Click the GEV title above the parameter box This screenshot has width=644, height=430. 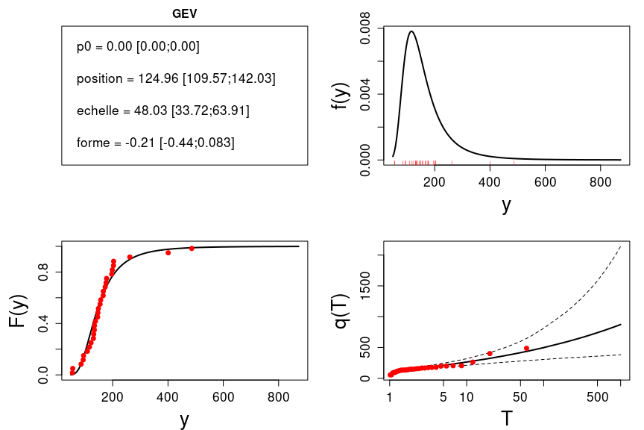pos(184,13)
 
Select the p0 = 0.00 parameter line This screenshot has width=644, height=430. pos(138,46)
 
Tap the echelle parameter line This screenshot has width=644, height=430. pos(162,110)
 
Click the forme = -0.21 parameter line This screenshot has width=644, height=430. pos(155,143)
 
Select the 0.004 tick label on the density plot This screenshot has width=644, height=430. pos(365,94)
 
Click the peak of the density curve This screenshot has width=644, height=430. pos(411,31)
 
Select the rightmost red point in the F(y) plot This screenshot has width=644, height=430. pos(192,248)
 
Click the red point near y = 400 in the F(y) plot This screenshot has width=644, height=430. pos(168,252)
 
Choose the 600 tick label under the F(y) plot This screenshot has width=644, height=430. pos(223,396)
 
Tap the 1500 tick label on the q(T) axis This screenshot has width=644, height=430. pos(365,286)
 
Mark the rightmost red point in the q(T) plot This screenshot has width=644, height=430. pos(526,348)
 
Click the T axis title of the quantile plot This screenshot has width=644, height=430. pos(506,418)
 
